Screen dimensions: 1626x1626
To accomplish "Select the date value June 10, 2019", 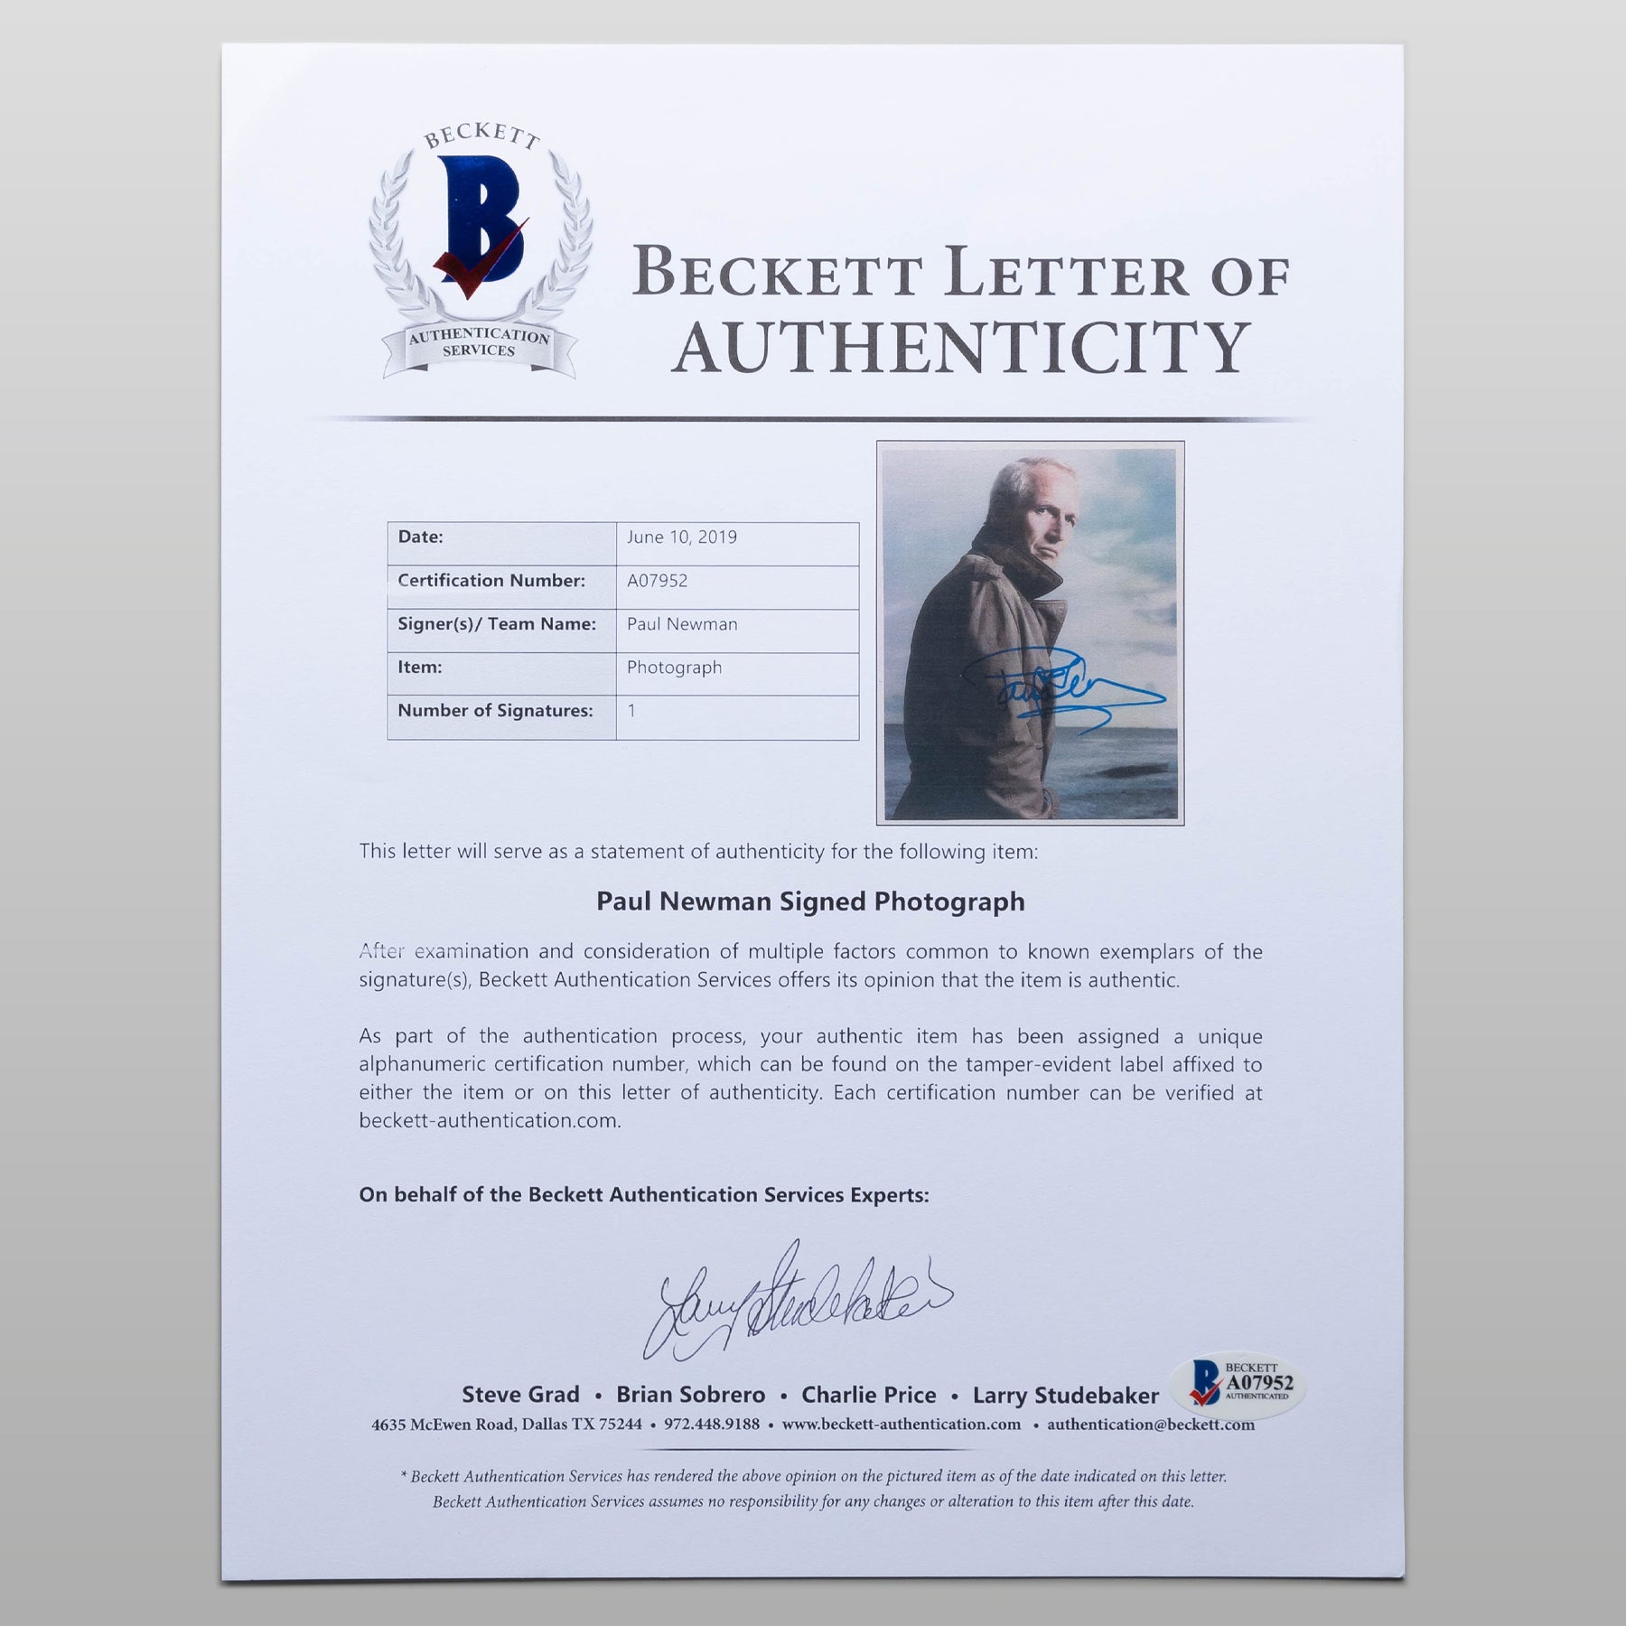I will [x=682, y=537].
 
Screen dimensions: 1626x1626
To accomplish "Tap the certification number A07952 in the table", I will [x=658, y=581].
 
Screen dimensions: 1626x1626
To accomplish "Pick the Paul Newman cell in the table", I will [x=682, y=624].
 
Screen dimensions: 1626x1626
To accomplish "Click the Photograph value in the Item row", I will [x=674, y=668].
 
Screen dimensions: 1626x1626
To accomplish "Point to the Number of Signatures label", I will [x=495, y=711].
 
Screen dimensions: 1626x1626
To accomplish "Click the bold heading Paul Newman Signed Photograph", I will [x=810, y=902].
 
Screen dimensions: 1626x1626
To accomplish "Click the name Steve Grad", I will [x=520, y=1395].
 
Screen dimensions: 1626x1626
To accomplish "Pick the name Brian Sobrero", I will [x=690, y=1395].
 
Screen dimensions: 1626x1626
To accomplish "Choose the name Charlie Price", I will [x=868, y=1395].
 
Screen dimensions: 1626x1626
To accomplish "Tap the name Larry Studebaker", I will [x=1065, y=1396].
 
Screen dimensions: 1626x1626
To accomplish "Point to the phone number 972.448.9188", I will [x=712, y=1425].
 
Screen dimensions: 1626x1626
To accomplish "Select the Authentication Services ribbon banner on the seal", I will [x=479, y=343].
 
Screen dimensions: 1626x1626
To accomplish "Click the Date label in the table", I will [x=421, y=537].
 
